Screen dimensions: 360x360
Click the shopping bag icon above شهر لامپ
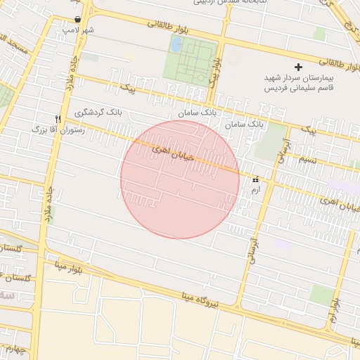[77, 19]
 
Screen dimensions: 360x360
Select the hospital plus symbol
[299, 67]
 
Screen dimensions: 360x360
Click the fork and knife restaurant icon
[58, 118]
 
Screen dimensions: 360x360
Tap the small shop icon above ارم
[255, 179]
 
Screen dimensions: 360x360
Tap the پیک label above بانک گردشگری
[128, 89]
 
